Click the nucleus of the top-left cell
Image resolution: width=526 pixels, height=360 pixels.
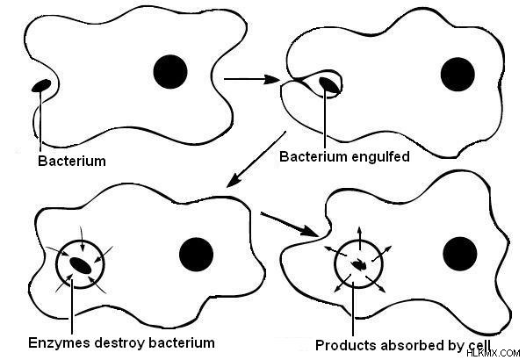(170, 72)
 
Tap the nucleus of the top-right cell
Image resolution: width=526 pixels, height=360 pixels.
(458, 74)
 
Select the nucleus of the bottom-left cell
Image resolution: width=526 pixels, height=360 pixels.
(196, 255)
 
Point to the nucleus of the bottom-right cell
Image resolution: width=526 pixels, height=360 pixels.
(460, 254)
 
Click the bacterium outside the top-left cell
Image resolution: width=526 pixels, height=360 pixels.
(41, 85)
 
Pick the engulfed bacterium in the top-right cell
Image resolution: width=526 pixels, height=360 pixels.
(328, 85)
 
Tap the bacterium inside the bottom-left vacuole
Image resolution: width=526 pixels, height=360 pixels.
(81, 265)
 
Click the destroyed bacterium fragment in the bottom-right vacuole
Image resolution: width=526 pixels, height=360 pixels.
(358, 265)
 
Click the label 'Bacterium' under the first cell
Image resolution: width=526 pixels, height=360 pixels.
(72, 161)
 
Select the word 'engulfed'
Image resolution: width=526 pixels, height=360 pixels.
(380, 157)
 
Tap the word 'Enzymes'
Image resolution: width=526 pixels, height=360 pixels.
(59, 343)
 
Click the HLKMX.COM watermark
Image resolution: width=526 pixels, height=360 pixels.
(494, 353)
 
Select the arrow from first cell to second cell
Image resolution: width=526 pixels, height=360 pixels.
(252, 79)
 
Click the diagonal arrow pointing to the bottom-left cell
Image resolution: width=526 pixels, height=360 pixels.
(256, 160)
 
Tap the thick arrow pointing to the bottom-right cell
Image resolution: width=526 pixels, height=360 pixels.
(289, 225)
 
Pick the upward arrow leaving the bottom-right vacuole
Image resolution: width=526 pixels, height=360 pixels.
(360, 239)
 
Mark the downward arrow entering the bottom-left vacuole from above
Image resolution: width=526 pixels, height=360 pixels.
(82, 239)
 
